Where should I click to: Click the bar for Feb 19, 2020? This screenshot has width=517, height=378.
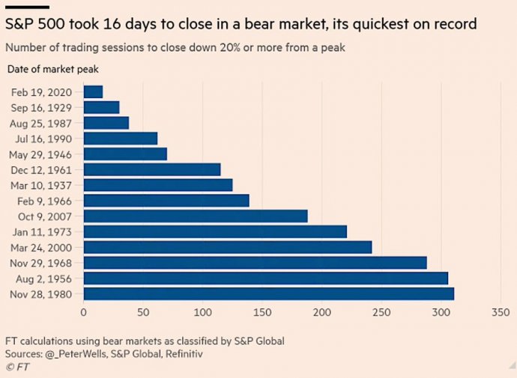(x=93, y=91)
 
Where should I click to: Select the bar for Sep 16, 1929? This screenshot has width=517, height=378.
(x=101, y=107)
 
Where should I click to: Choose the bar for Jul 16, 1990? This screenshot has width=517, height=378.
(x=121, y=138)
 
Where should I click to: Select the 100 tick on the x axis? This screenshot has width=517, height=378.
(x=203, y=311)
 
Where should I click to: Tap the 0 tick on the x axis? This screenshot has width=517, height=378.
(x=84, y=311)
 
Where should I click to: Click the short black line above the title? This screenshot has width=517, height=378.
(x=27, y=7)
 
